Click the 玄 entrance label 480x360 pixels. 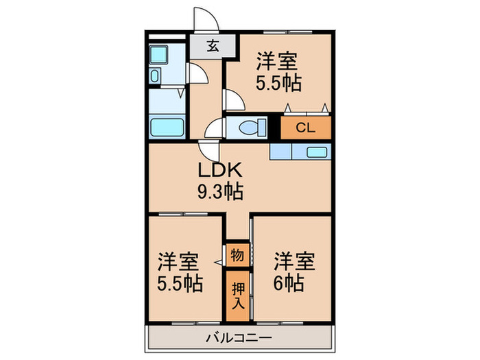213,47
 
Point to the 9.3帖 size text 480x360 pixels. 220,192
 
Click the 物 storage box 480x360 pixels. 237,256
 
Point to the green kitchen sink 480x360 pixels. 316,152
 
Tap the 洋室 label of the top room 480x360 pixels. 277,62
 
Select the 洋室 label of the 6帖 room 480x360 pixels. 295,261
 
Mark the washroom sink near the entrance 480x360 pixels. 155,76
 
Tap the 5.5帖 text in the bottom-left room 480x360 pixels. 179,283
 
